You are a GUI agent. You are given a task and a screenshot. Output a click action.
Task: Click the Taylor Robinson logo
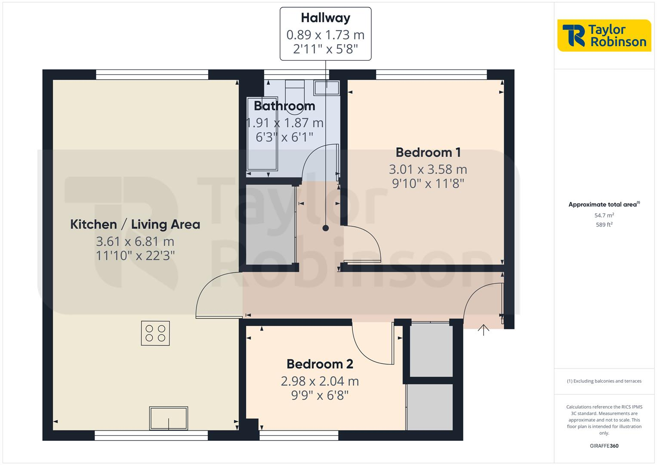604,36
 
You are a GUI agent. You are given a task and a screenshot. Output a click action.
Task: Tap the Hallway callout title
325,18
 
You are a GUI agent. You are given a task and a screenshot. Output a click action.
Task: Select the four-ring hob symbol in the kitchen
155,333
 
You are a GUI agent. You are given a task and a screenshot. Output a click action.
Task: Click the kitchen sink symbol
169,418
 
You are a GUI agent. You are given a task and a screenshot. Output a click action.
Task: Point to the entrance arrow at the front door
484,330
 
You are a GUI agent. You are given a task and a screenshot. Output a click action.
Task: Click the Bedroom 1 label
428,152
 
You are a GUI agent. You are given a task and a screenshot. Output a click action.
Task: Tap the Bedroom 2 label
320,364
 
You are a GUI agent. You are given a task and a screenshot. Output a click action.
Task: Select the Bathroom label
284,106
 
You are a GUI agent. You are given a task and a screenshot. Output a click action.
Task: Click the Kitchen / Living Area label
135,224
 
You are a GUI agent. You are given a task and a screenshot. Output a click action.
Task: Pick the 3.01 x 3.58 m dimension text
428,169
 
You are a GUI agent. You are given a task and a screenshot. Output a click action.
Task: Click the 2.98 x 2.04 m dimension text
320,381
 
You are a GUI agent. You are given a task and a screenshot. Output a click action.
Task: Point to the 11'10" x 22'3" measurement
135,256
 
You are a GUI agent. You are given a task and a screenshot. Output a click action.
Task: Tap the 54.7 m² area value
604,215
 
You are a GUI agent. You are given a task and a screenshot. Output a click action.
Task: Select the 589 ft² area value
604,225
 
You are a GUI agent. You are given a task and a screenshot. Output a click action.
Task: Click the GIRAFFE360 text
604,446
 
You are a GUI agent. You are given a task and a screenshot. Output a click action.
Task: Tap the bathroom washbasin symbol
327,88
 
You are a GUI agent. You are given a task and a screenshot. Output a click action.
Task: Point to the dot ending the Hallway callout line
326,228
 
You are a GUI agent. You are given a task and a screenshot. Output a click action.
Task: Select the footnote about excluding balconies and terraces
604,381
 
